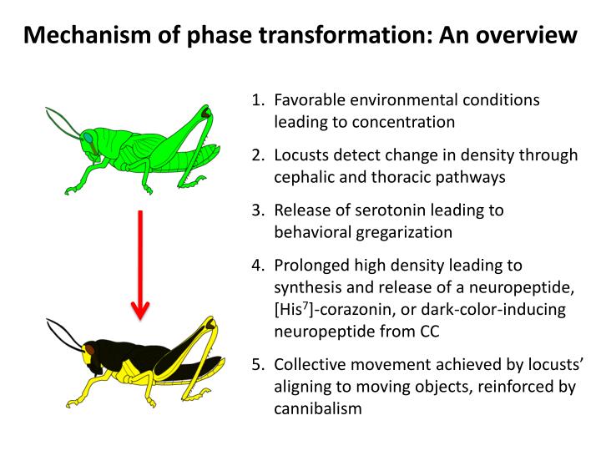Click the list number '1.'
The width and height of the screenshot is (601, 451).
click(x=258, y=100)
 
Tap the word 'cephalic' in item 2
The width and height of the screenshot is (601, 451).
click(x=303, y=176)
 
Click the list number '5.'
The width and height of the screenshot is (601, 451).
click(x=258, y=364)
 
